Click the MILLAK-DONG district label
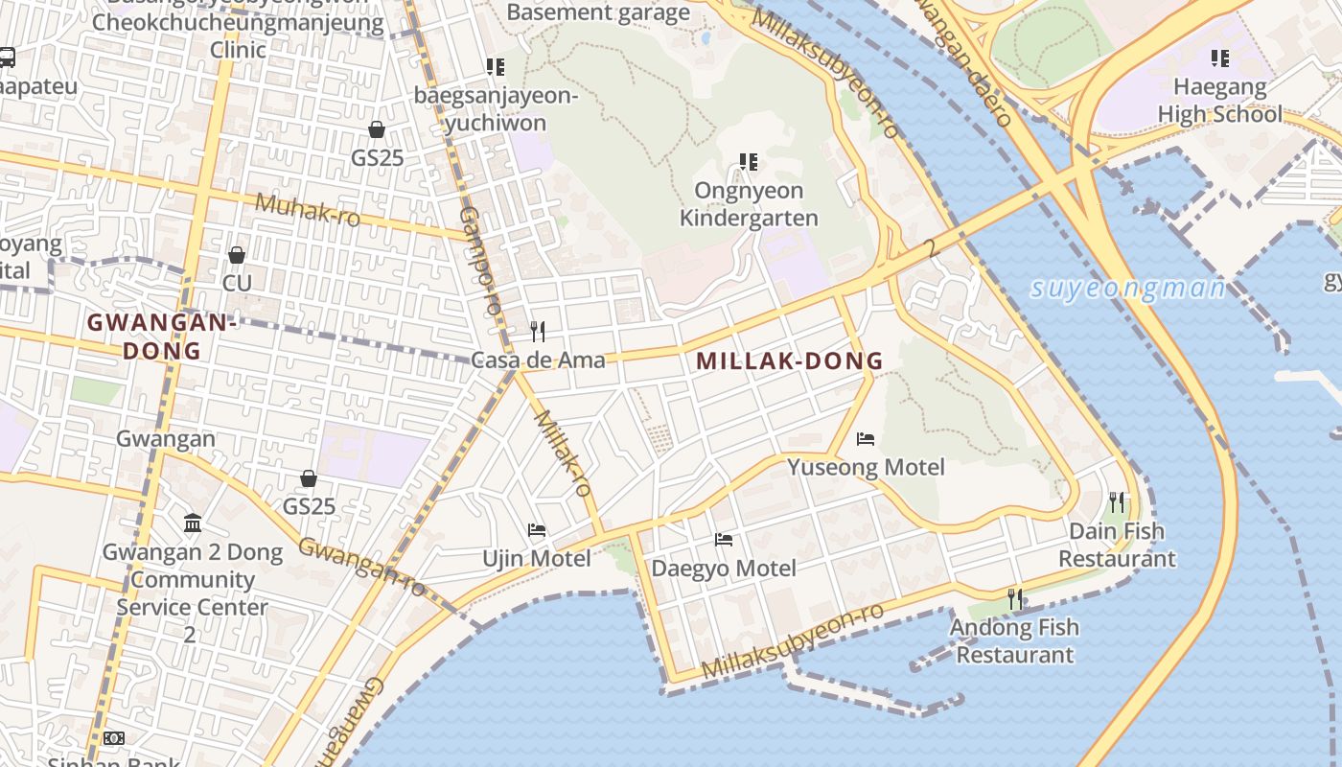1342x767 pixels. tap(789, 361)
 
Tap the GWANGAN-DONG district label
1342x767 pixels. tap(161, 337)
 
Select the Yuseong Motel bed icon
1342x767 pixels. tap(866, 439)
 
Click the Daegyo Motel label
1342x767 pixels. tap(724, 568)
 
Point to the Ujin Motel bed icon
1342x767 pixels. tap(537, 530)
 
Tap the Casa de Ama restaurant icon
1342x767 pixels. tap(538, 332)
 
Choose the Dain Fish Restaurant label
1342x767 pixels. tap(1117, 545)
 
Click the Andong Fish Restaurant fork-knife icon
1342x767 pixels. tap(1014, 599)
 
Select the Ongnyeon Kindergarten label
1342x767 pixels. tap(749, 204)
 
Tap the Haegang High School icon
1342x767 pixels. tap(1220, 58)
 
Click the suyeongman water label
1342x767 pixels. tap(1127, 289)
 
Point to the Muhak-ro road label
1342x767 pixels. tap(307, 210)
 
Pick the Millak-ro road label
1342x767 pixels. tap(562, 453)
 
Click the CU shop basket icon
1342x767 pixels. tap(236, 255)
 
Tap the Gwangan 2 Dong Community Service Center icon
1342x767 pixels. tap(193, 523)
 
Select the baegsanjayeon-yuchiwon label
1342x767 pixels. tap(495, 109)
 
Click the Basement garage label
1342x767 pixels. tap(598, 12)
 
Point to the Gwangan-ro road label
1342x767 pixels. tap(361, 566)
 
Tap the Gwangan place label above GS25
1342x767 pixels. tap(165, 439)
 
